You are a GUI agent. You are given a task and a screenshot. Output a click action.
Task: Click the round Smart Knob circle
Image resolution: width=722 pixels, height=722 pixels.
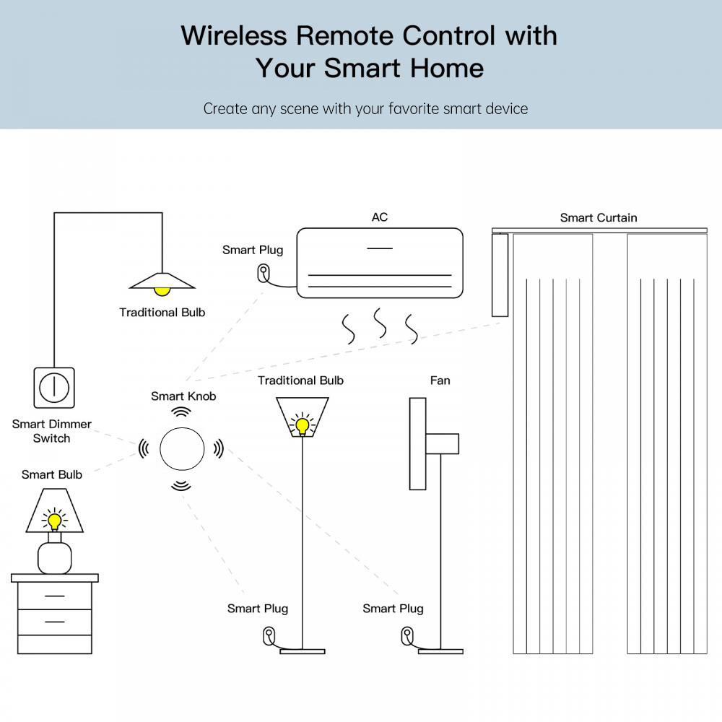pyautogui.click(x=181, y=448)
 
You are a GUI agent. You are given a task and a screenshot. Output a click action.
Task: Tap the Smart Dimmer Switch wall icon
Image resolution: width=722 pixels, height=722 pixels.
pyautogui.click(x=54, y=388)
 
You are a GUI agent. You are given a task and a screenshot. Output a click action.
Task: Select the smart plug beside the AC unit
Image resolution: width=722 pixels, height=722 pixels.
pyautogui.click(x=264, y=274)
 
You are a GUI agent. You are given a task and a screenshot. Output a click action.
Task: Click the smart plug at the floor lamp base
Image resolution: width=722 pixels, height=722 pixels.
pyautogui.click(x=269, y=636)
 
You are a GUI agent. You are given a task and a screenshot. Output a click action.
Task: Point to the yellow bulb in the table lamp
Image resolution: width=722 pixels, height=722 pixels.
pyautogui.click(x=54, y=520)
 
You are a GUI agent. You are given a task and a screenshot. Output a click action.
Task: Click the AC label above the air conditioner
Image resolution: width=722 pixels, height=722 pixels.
pyautogui.click(x=380, y=217)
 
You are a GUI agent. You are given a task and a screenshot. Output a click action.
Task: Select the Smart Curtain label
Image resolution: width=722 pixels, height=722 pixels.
pyautogui.click(x=599, y=217)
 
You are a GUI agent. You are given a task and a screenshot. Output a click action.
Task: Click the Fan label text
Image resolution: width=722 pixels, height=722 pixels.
pyautogui.click(x=440, y=380)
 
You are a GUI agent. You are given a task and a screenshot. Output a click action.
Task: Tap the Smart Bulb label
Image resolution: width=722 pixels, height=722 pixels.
pyautogui.click(x=52, y=474)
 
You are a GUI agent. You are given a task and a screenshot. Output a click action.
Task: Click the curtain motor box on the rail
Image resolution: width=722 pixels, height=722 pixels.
pyautogui.click(x=500, y=274)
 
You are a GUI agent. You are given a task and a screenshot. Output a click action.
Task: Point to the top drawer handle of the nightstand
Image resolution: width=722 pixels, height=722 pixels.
pyautogui.click(x=54, y=596)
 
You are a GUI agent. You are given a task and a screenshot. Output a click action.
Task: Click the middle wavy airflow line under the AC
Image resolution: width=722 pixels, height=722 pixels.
pyautogui.click(x=379, y=324)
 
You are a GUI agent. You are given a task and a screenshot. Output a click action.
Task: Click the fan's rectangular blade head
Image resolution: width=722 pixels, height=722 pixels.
pyautogui.click(x=417, y=443)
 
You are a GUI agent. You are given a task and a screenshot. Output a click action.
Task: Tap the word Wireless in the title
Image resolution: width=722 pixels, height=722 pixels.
pyautogui.click(x=231, y=35)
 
